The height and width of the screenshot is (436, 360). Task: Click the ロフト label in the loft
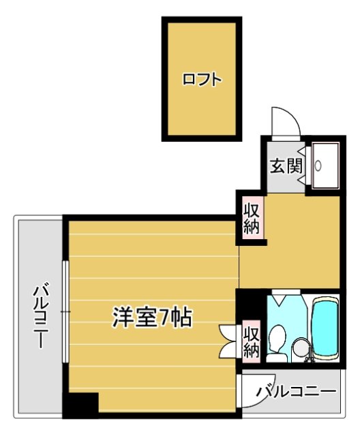pos(202,79)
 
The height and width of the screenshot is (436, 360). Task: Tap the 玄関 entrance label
pos(285,166)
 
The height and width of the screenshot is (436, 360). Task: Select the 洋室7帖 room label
pos(151,317)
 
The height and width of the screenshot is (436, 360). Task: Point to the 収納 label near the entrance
pos(252,217)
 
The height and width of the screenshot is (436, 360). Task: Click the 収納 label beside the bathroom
pos(252,341)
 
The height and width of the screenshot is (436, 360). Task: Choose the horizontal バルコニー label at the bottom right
pos(296,392)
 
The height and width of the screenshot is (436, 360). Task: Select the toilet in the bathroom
pos(277,338)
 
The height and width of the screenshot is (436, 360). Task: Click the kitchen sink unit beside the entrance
pos(322,166)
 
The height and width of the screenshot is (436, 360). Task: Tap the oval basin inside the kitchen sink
pos(318,166)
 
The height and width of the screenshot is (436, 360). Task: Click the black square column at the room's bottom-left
pos(80,405)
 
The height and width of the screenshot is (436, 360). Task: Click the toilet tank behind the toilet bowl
pos(277,356)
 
